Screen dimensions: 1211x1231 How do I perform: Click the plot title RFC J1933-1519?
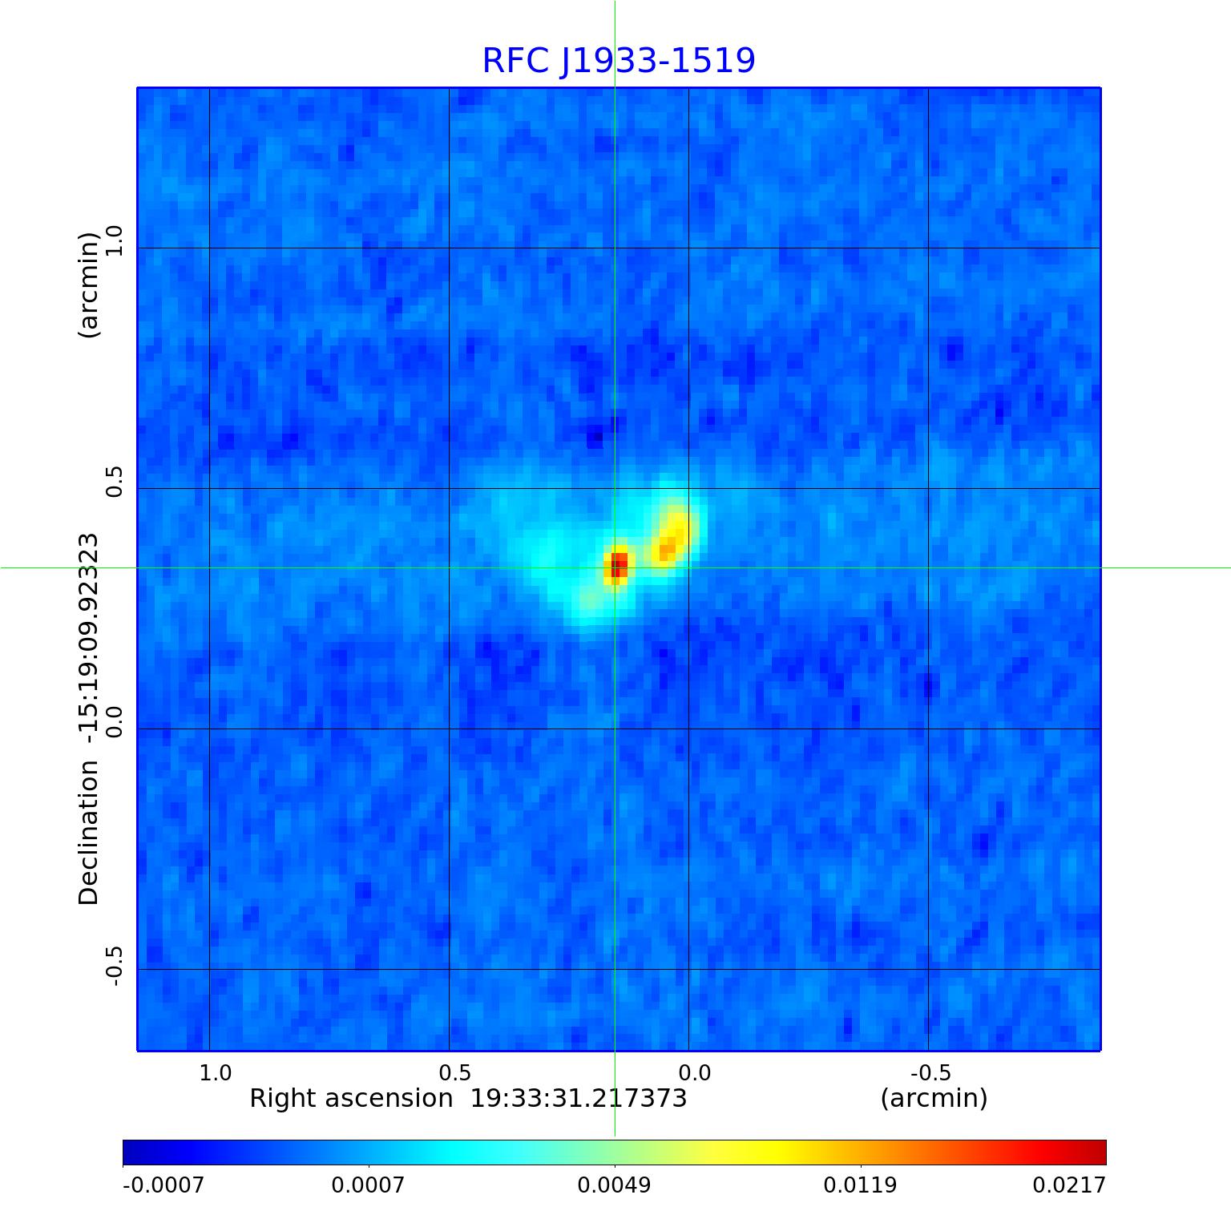point(618,61)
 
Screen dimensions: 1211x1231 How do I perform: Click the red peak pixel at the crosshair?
point(617,565)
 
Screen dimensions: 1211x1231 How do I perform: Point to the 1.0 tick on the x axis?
point(215,1072)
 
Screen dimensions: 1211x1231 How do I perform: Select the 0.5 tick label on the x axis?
point(454,1072)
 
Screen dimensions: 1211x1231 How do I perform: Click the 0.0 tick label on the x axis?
point(694,1072)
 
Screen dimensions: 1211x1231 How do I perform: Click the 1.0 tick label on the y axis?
point(115,241)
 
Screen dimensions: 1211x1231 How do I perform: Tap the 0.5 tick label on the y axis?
point(115,481)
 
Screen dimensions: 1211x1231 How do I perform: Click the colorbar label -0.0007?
point(163,1185)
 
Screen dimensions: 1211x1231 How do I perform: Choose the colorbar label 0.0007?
point(369,1185)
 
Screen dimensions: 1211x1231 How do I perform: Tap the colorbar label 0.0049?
point(615,1185)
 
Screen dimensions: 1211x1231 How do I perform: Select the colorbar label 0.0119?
point(861,1185)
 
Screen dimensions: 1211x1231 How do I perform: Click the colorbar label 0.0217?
point(1069,1185)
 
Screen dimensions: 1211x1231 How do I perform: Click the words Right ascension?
point(351,1098)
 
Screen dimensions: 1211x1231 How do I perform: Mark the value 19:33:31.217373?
point(578,1098)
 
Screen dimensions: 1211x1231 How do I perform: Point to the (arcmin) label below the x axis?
point(934,1098)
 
